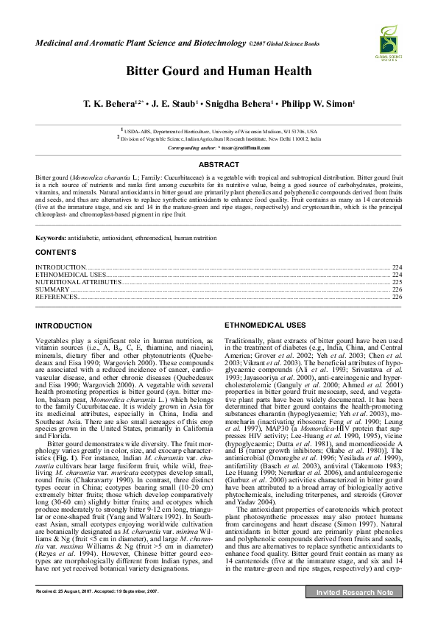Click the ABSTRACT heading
click(219, 164)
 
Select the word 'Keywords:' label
click(51, 238)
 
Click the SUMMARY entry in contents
click(51, 289)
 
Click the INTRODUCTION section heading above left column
click(64, 325)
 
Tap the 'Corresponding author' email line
click(219, 147)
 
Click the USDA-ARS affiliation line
click(219, 130)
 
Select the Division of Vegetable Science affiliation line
click(219, 138)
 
